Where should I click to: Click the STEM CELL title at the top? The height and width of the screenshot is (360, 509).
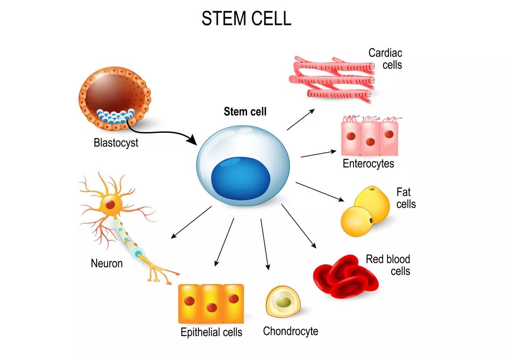coord(246,18)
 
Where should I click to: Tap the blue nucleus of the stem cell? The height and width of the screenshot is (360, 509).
coord(240,178)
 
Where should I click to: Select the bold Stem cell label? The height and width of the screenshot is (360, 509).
coord(245,112)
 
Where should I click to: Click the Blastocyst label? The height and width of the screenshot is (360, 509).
coord(116,142)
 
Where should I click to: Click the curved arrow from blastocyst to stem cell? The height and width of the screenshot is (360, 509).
coord(159,132)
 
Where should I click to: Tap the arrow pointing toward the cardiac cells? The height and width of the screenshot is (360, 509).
coord(301,120)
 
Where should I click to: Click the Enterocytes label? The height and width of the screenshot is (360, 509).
coord(369,164)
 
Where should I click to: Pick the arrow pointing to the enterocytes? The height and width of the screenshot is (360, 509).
coord(319,154)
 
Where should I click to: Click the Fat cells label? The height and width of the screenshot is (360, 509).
coord(406,198)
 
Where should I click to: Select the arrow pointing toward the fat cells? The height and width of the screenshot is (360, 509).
coord(320,192)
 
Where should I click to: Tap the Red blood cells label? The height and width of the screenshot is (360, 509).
coord(388,265)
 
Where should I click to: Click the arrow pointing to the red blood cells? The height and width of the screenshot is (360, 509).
coord(299,226)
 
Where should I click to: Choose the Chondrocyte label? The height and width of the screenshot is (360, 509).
coord(290,331)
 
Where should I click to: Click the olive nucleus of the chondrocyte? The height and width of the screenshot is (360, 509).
coord(283,303)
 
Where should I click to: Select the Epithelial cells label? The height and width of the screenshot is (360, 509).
coord(211,332)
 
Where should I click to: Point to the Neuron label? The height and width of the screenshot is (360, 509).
coord(107,263)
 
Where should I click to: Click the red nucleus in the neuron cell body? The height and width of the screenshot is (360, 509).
coord(110,205)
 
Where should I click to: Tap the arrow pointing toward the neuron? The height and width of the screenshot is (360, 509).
coord(191,222)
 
